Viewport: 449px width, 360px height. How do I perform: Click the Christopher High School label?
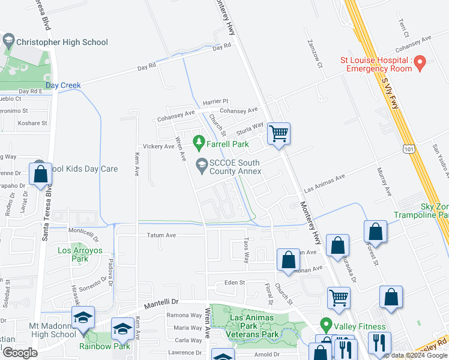point(62,42)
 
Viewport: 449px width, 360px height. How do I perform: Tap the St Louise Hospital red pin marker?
point(420,61)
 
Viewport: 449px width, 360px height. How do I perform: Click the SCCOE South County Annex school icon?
point(201,163)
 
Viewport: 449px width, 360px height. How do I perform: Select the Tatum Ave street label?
point(161,236)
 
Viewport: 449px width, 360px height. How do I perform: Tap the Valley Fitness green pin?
point(326,326)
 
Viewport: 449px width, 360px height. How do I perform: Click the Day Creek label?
point(63,86)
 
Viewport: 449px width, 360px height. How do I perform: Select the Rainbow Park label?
point(105,346)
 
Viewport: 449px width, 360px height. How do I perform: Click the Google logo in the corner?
point(20,353)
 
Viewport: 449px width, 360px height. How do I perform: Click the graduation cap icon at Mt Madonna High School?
point(83,317)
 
